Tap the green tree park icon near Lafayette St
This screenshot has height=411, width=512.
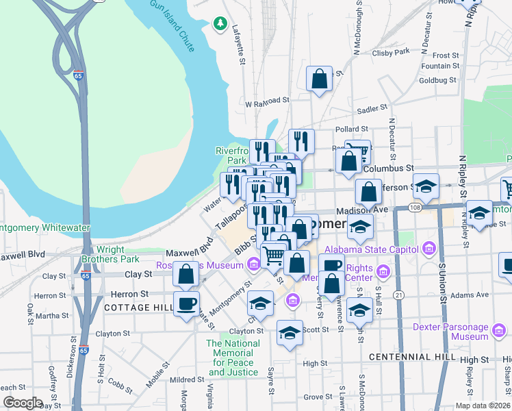(220, 25)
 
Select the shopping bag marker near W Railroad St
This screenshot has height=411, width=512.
(319, 79)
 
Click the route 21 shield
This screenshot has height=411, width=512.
(399, 295)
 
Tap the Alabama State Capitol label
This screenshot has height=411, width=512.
(374, 249)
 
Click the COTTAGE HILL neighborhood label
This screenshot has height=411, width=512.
(138, 308)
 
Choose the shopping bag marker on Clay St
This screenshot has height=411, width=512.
(185, 274)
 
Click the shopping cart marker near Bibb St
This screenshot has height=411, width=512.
(273, 255)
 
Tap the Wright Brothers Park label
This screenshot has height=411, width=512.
(110, 255)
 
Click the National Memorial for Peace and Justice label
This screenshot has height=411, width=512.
(233, 358)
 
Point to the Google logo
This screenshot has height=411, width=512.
(23, 403)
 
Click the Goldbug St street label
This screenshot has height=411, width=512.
(438, 80)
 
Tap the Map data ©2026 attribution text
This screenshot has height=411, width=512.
(482, 406)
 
